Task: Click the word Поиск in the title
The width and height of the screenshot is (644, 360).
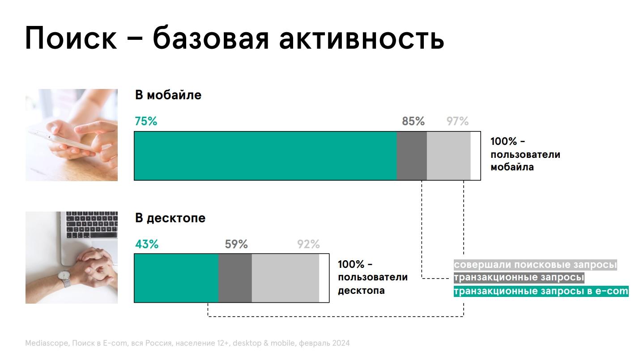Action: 71,38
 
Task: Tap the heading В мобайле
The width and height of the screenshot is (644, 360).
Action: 168,95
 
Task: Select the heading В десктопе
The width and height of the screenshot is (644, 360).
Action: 170,218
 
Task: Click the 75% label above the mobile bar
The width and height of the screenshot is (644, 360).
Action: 146,121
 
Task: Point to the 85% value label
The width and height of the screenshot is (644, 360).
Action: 413,121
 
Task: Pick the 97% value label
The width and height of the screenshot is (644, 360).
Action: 457,121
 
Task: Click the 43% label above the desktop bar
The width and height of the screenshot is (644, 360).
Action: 147,244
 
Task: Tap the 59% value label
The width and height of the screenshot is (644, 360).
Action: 236,244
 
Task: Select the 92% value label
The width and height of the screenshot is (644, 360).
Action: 308,244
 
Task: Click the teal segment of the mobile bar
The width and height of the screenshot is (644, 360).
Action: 265,156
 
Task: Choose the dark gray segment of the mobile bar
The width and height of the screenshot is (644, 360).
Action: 412,156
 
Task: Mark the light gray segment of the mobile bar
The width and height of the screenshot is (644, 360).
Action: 448,156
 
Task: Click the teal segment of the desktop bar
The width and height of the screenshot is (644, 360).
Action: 176,278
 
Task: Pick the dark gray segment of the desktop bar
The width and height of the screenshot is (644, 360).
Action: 235,278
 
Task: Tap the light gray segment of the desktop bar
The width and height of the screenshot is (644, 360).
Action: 285,278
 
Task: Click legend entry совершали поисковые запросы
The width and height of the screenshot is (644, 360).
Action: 535,265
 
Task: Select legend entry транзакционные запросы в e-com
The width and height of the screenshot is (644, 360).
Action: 541,291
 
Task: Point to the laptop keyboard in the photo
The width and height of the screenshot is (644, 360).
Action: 92,224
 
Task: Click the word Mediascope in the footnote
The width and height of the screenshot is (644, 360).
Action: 47,343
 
